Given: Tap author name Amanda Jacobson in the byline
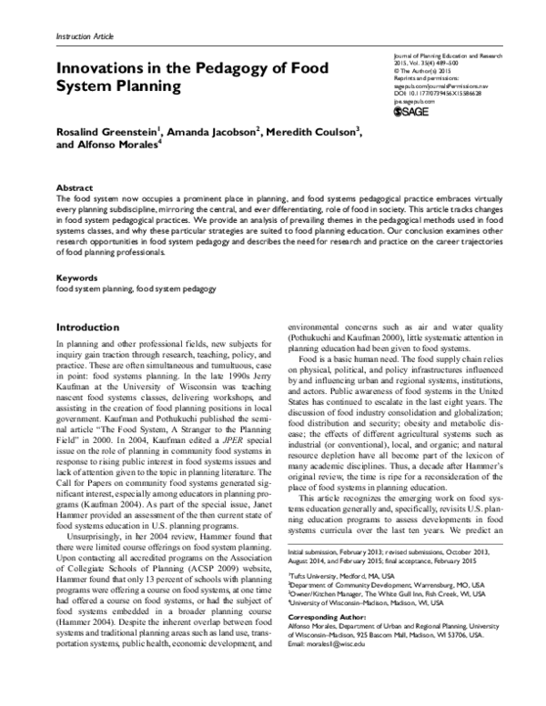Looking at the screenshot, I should click(217, 132).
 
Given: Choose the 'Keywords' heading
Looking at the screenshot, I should click(77, 277).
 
